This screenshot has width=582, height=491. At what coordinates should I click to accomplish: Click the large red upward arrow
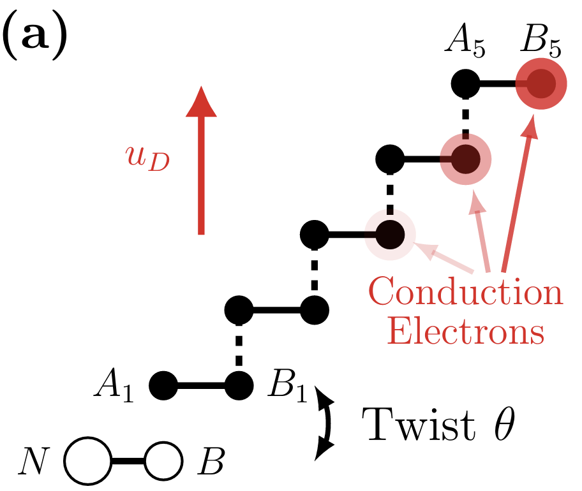click(201, 159)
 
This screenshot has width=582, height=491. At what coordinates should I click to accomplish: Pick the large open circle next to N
click(88, 460)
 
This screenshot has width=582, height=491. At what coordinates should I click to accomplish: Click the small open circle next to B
click(164, 460)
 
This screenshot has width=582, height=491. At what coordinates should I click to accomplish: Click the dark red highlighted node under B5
click(541, 84)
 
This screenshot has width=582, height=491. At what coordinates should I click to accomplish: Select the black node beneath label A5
click(465, 84)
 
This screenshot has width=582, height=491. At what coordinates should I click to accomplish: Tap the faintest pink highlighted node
click(389, 235)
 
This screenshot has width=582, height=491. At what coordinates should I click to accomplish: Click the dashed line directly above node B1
click(239, 348)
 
